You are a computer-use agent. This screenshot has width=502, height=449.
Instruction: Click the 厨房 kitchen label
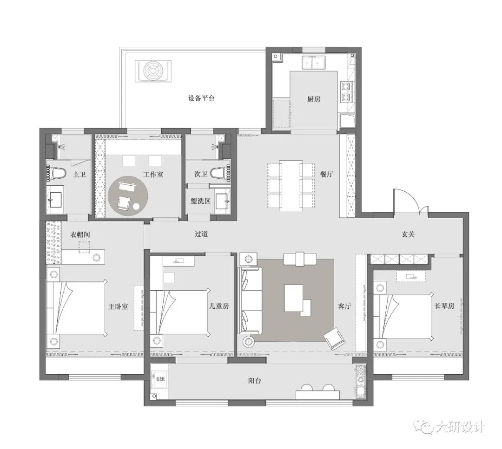pos(314,99)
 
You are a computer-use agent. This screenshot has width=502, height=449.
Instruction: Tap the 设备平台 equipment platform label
pos(201,98)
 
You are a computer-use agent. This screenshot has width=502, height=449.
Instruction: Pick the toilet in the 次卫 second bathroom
pos(220,173)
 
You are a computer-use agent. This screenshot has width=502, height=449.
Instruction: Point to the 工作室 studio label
pos(153,175)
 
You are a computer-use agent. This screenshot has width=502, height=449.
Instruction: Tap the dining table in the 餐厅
pos(291,185)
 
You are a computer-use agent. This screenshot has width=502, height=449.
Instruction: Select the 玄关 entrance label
pos(408,234)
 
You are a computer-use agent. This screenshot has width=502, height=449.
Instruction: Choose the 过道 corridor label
pos(201,234)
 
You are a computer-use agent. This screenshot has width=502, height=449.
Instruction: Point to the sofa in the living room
pos(250,300)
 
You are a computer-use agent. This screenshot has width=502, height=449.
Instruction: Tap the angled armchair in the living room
pos(334,338)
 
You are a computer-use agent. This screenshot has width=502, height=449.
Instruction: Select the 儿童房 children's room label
pos(219,306)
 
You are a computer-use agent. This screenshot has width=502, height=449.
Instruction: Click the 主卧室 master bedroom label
pos(118,307)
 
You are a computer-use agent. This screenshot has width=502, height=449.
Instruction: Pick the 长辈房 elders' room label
pos(444,306)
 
